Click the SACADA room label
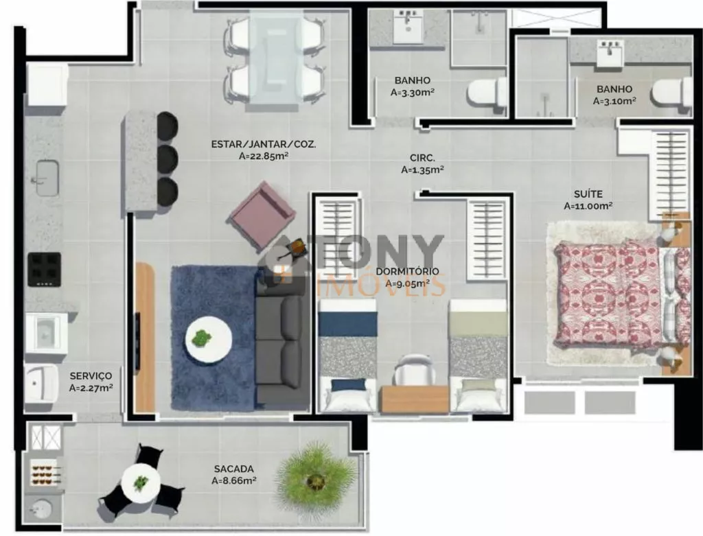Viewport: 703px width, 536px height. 233,469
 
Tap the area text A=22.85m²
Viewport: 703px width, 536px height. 263,156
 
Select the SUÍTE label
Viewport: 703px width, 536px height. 588,194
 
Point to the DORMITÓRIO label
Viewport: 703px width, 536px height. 407,271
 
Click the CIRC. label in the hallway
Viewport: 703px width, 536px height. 422,158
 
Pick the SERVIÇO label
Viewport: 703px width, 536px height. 91,376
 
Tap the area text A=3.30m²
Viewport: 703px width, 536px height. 413,93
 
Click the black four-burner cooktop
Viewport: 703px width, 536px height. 45,269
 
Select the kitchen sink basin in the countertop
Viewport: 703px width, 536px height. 47,178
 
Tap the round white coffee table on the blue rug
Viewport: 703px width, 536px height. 209,339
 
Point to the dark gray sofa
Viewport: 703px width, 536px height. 283,340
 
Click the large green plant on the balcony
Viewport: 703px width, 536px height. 316,480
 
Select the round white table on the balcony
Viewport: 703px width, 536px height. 141,483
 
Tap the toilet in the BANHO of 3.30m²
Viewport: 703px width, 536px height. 486,93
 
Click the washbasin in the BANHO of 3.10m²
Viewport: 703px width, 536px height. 610,52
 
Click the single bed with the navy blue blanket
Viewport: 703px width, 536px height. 347,356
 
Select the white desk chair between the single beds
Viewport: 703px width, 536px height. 413,369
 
